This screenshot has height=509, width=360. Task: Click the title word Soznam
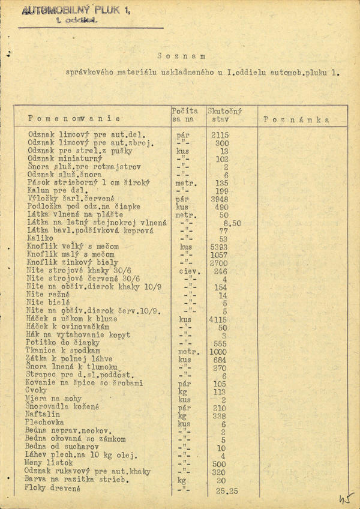181,56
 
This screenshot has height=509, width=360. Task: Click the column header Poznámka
296,119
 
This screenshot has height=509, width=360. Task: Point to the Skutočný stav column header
223,116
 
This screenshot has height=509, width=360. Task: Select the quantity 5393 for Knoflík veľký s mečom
220,246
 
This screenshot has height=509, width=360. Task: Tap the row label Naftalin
42,414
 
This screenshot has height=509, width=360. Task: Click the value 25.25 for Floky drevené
226,490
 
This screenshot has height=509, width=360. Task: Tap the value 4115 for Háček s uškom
220,320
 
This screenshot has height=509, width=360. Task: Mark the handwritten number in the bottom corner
346,498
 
